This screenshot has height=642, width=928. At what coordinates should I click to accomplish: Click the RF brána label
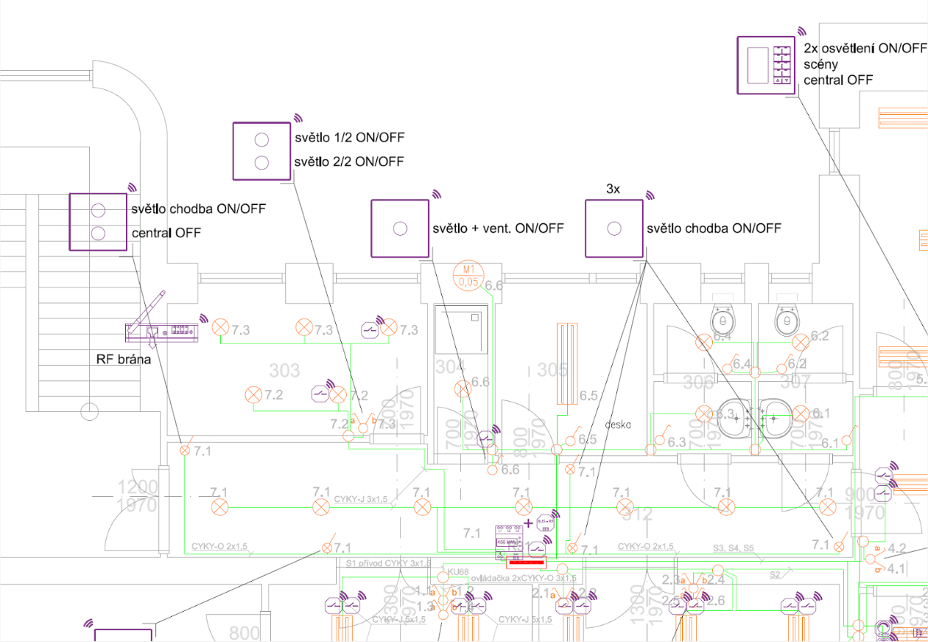coord(124,360)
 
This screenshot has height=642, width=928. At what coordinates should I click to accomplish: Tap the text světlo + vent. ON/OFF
coord(499,228)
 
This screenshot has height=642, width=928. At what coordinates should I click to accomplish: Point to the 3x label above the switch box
coord(613,189)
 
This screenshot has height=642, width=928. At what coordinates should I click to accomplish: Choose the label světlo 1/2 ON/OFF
coord(349,138)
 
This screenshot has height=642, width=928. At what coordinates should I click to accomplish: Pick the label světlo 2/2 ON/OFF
coord(349,161)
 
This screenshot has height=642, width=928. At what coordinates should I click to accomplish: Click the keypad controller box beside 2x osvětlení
coord(766,65)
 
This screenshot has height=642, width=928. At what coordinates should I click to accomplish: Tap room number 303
coord(284,369)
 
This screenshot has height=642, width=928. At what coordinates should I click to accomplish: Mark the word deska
coord(619,425)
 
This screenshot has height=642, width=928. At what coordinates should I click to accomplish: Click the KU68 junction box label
coord(457,572)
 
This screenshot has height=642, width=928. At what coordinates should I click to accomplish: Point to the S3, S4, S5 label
coord(733,548)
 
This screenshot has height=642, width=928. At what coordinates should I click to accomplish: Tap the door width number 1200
coord(138,487)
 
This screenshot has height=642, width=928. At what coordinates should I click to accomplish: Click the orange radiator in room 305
coord(566,363)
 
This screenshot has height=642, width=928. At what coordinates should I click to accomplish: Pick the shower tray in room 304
coord(461,330)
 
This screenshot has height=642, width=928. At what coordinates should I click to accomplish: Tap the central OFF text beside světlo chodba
coord(166,234)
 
